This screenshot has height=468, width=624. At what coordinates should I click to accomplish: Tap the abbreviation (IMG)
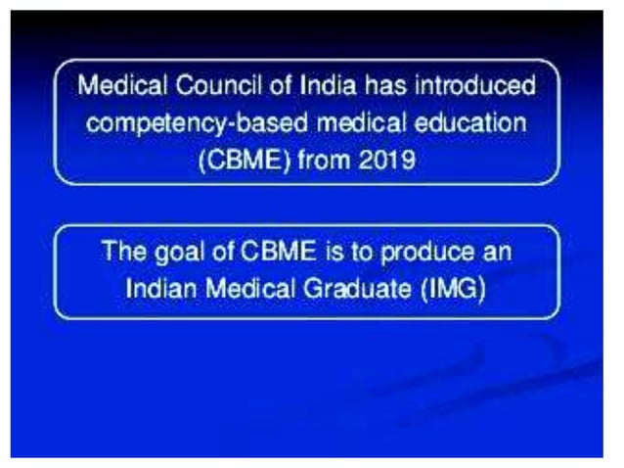click(x=452, y=289)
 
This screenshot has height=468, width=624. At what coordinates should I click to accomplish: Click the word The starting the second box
click(x=120, y=253)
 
